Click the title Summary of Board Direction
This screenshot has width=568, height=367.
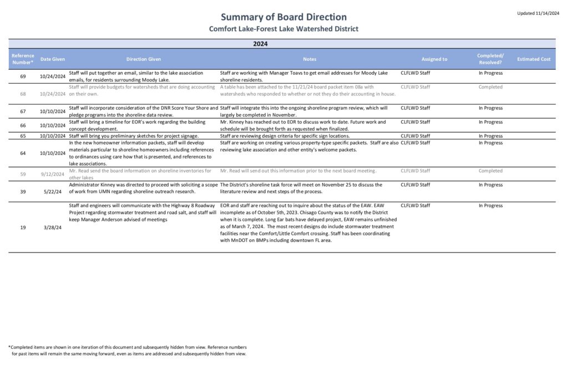pos(283,17)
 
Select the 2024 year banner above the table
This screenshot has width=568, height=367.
pos(260,43)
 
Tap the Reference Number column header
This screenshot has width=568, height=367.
pos(23,59)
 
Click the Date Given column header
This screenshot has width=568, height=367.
pos(53,59)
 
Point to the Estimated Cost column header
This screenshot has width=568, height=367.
pos(533,59)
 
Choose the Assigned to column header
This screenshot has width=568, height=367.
pos(434,59)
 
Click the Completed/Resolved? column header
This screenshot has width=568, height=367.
pos(490,59)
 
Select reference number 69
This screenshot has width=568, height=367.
pos(23,76)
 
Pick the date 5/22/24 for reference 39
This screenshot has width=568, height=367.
pos(53,188)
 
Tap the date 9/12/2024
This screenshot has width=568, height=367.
pos(53,174)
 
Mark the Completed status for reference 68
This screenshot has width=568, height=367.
pos(490,87)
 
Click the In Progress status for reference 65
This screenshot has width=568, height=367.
pos(490,136)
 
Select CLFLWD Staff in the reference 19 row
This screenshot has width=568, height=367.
pos(415,205)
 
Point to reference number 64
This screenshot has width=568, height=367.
pos(23,153)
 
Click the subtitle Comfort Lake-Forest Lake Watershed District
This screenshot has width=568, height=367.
pos(283,29)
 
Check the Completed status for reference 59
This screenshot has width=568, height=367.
pos(490,170)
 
